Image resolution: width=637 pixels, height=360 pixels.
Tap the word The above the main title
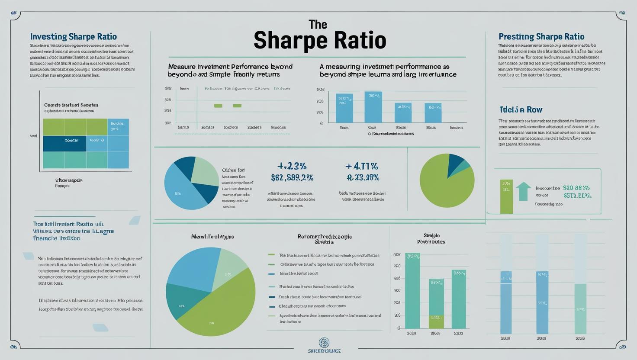pyautogui.click(x=318, y=24)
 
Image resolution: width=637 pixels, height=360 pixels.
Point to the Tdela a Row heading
pyautogui.click(x=521, y=109)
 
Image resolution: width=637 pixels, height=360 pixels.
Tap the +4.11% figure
pyautogui.click(x=362, y=166)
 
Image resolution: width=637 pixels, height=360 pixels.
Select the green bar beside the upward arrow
pyautogui.click(x=506, y=196)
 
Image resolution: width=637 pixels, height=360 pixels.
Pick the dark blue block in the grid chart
pyautogui.click(x=64, y=143)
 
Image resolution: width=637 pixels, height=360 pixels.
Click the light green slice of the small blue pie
pyautogui.click(x=204, y=171)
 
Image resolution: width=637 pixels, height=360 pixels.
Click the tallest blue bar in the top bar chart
pyautogui.click(x=373, y=107)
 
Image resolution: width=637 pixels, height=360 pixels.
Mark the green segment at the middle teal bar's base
pyautogui.click(x=436, y=321)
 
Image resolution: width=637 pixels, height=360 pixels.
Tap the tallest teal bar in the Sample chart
pyautogui.click(x=412, y=291)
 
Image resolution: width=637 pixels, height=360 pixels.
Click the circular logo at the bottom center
pyautogui.click(x=324, y=342)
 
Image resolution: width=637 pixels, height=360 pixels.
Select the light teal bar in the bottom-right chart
pyautogui.click(x=580, y=309)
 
